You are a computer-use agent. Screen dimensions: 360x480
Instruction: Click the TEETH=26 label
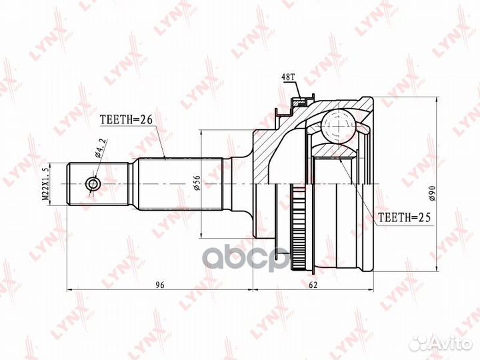point(127,120)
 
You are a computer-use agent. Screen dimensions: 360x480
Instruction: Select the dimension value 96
point(160,285)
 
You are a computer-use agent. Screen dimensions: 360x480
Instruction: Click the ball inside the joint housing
point(339,126)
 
